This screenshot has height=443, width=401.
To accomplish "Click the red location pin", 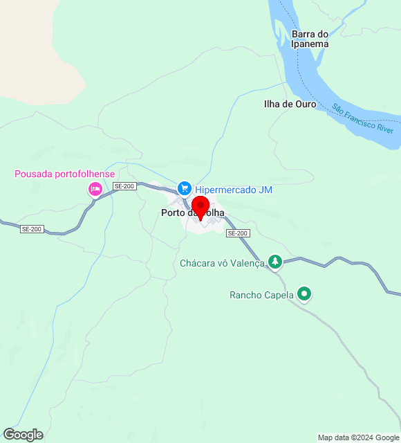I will pyautogui.click(x=200, y=207).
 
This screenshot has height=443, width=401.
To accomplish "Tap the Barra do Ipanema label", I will pyautogui.click(x=309, y=39).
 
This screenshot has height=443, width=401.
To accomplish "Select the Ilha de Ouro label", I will pyautogui.click(x=290, y=105).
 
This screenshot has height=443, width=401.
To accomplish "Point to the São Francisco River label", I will pyautogui.click(x=362, y=118).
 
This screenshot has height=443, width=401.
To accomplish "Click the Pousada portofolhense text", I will pyautogui.click(x=65, y=174).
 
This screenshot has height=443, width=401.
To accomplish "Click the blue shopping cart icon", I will pyautogui.click(x=184, y=188).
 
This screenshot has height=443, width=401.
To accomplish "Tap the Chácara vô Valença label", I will pyautogui.click(x=222, y=263).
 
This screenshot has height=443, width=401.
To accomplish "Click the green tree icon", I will pyautogui.click(x=275, y=261).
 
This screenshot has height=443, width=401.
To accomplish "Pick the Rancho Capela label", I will pyautogui.click(x=261, y=295).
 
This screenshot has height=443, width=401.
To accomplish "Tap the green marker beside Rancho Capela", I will pyautogui.click(x=304, y=294).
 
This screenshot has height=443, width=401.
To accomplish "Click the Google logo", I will pyautogui.click(x=22, y=435).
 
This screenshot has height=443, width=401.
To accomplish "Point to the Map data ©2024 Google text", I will pyautogui.click(x=357, y=437).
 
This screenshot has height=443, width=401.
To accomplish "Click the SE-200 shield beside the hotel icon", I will pyautogui.click(x=125, y=186).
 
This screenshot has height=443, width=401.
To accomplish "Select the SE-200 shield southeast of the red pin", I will pyautogui.click(x=237, y=233).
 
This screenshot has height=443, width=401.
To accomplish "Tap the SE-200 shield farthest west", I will pyautogui.click(x=32, y=229).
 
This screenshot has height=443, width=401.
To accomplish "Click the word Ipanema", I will pyautogui.click(x=309, y=44).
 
